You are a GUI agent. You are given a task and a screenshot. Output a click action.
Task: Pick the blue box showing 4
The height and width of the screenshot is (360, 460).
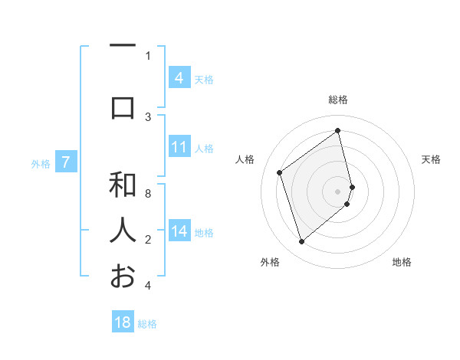click(179, 78)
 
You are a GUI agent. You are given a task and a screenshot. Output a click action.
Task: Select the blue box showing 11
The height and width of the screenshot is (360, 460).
click(179, 147)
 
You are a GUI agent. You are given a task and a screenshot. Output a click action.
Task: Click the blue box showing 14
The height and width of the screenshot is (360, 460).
click(179, 231)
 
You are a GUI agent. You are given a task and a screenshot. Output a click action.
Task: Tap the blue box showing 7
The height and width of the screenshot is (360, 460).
click(67, 162)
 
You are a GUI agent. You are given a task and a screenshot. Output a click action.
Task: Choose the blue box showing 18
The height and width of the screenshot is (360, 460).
click(123, 322)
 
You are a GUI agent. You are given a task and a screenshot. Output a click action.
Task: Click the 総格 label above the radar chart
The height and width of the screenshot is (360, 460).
click(338, 100)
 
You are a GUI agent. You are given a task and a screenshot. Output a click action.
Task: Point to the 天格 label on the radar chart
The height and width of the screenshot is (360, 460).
click(432, 159)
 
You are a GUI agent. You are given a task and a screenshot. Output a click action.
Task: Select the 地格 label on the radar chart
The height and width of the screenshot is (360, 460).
click(402, 263)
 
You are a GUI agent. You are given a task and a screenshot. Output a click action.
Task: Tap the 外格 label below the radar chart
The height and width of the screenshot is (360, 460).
click(270, 263)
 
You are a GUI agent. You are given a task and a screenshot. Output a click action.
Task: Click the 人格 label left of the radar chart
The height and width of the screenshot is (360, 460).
click(245, 159)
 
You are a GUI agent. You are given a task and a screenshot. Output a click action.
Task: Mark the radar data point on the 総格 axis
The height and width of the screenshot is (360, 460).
click(338, 130)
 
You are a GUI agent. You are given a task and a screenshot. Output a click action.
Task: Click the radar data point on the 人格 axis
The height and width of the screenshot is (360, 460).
click(280, 172)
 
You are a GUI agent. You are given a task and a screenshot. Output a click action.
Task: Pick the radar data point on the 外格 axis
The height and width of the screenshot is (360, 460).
click(302, 242)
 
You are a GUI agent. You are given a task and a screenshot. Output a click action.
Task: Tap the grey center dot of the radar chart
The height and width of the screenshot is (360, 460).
click(338, 191)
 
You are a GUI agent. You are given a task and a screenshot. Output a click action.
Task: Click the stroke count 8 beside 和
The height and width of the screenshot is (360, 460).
click(148, 194)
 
